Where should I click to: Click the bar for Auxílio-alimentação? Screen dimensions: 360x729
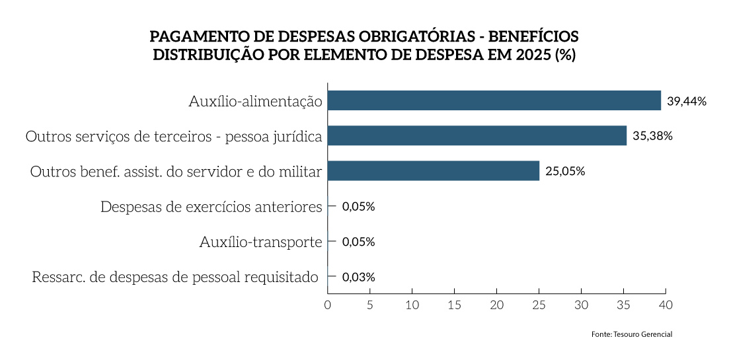[494, 100]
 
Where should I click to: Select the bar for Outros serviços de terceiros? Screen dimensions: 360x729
[477, 135]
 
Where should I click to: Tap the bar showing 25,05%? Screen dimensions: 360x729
[434, 171]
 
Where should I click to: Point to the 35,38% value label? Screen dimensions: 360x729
[652, 136]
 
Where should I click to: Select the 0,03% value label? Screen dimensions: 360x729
[358, 277]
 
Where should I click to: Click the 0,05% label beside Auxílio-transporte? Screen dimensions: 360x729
[358, 242]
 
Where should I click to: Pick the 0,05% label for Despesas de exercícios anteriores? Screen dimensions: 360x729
[358, 207]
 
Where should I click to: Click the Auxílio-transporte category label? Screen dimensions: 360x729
[260, 242]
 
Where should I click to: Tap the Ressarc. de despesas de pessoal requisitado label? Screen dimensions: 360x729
[175, 277]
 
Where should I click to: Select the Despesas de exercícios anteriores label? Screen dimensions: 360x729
[211, 207]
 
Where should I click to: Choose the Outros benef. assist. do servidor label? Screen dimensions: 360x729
[176, 172]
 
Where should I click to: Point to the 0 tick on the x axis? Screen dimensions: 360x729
[328, 305]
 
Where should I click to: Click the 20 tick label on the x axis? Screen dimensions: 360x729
[496, 305]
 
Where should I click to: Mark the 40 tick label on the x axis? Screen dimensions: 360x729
[666, 305]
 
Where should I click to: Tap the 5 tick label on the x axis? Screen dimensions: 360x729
[370, 305]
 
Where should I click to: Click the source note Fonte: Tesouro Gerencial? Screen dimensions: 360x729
[631, 335]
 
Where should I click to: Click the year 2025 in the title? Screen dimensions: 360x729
[528, 55]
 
